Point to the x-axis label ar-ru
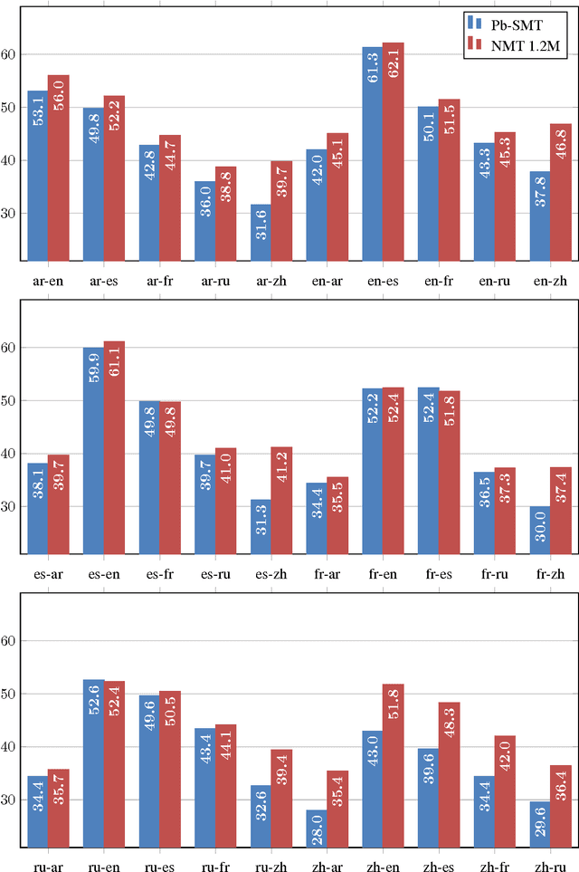tap(214, 281)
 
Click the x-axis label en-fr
tap(439, 281)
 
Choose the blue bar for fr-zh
tap(539, 530)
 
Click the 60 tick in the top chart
tap(9, 54)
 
